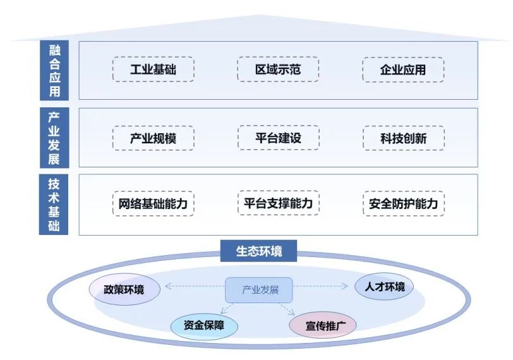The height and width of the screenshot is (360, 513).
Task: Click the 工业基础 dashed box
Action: pyautogui.click(x=153, y=69)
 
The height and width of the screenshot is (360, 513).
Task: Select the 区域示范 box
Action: pyautogui.click(x=278, y=69)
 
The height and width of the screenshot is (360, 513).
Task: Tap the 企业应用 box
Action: pyautogui.click(x=403, y=69)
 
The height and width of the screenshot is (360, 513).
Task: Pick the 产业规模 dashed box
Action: pyautogui.click(x=153, y=138)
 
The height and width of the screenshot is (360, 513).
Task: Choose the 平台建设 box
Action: pyautogui.click(x=278, y=138)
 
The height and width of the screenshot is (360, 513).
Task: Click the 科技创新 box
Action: pyautogui.click(x=403, y=138)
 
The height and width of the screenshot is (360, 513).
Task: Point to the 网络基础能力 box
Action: pyautogui.click(x=153, y=204)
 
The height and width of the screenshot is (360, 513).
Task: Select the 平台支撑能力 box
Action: pyautogui.click(x=278, y=203)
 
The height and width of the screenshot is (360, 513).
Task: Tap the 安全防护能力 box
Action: pyautogui.click(x=403, y=204)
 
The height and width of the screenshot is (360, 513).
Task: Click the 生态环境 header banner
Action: pyautogui.click(x=259, y=251)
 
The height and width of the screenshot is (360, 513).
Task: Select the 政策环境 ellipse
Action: pyautogui.click(x=124, y=290)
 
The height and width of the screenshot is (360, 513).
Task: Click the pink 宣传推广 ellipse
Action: pyautogui.click(x=322, y=326)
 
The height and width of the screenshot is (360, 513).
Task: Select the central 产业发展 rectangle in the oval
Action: pyautogui.click(x=259, y=290)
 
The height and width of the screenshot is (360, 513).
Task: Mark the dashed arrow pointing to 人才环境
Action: pyautogui.click(x=320, y=287)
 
